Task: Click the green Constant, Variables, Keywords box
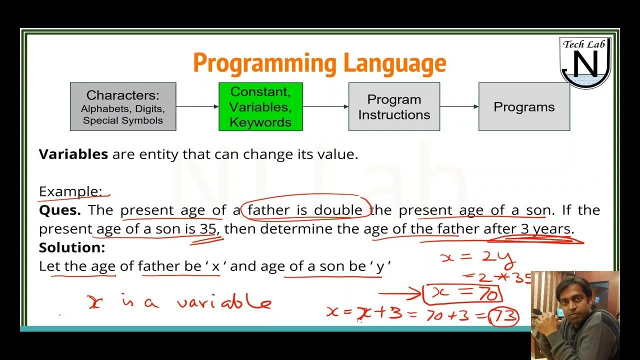coord(260,106)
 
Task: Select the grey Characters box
coord(123,106)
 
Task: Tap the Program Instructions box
coord(394,106)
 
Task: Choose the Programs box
coord(524,106)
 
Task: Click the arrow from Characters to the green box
coord(197,106)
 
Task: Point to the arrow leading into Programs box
coord(459,106)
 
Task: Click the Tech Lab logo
coord(584,62)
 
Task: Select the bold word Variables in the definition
coord(73,154)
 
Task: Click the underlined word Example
coord(70,191)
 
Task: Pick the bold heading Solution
coord(72,247)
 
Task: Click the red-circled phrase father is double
coord(305,210)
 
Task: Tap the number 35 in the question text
coord(208,229)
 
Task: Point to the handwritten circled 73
coord(503,316)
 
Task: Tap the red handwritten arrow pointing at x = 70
coord(400,295)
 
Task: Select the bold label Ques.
coord(59,210)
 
